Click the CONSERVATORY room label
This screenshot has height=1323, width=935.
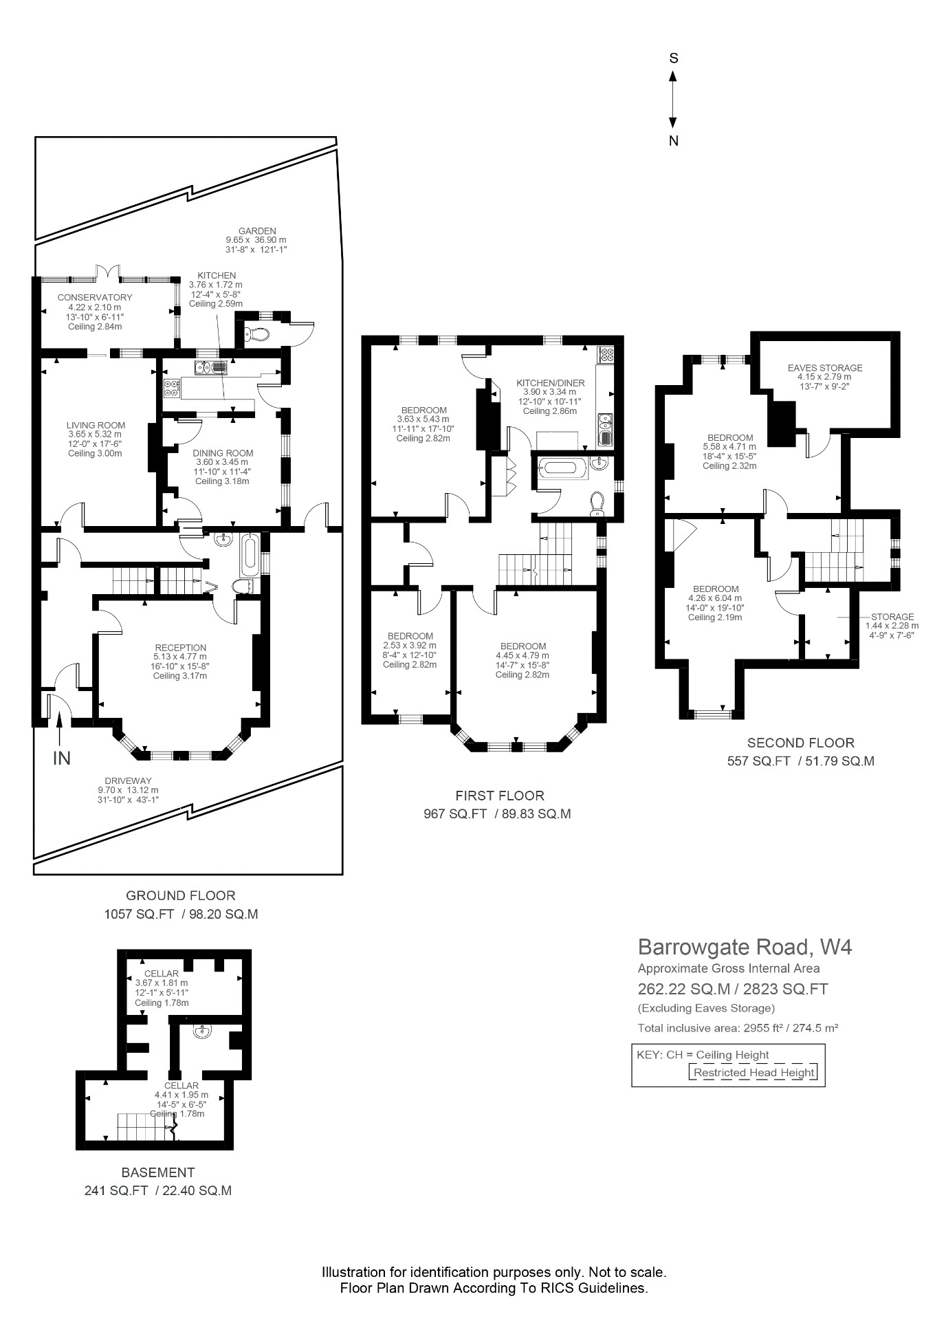[95, 298]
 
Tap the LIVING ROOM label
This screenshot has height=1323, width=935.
[96, 425]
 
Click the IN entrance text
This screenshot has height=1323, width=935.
[62, 758]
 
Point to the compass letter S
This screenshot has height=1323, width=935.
[674, 58]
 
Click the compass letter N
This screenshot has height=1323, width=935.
[674, 141]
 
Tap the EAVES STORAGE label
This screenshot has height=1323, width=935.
[824, 368]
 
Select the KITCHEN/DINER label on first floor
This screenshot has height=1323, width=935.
[550, 383]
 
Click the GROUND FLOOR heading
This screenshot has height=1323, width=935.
[180, 895]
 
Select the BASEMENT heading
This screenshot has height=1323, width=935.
[158, 1172]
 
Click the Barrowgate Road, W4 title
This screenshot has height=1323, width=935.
[745, 947]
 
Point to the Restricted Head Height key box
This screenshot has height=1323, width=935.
[753, 1072]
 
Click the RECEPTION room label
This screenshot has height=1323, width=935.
[180, 648]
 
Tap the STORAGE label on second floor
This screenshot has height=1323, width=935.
[892, 617]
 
